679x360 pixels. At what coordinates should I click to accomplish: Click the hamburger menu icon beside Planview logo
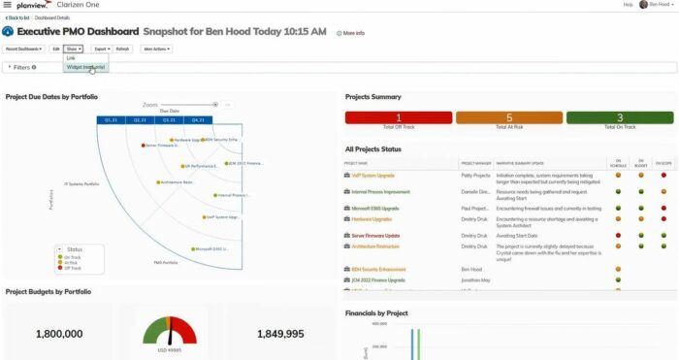(x=8, y=6)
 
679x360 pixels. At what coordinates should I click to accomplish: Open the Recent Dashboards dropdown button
(x=24, y=48)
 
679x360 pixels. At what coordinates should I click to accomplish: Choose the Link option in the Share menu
(x=71, y=58)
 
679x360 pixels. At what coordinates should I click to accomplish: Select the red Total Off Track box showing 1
(x=399, y=118)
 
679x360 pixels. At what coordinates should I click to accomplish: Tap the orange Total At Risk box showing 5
(x=509, y=118)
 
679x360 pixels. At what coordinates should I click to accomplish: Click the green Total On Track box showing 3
(x=620, y=118)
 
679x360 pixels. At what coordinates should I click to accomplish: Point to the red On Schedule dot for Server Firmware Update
(x=618, y=234)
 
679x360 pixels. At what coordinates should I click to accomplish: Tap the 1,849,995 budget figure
(x=280, y=334)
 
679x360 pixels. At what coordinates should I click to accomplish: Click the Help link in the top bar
(x=629, y=5)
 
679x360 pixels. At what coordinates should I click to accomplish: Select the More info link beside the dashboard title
(x=351, y=33)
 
